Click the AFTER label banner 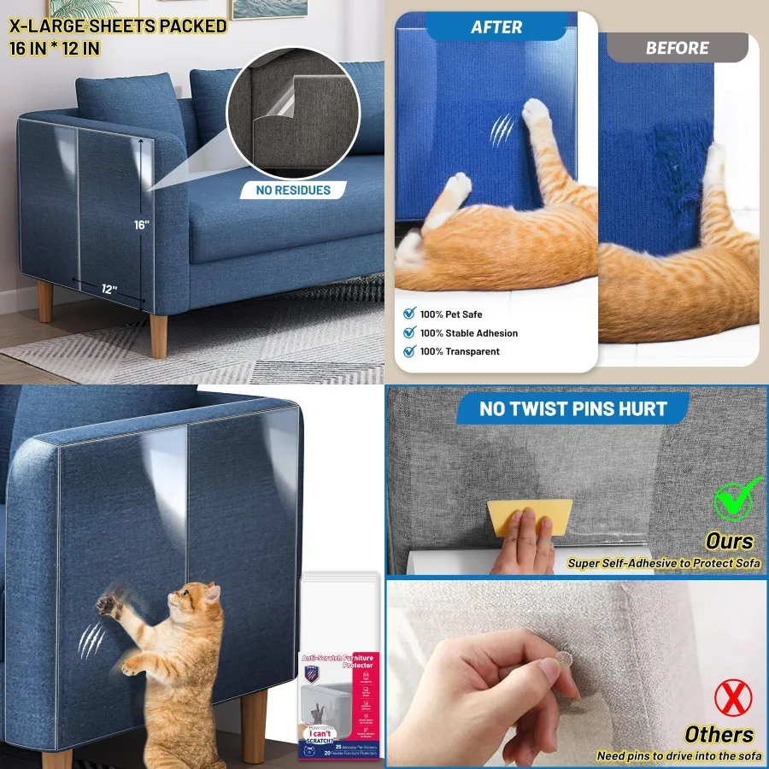coord(496,27)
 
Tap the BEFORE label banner coord(677,48)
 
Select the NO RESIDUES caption coord(292,190)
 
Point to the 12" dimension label coord(109,290)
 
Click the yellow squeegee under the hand coord(530,518)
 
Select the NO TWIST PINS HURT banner coord(572,408)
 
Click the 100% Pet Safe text coord(451,314)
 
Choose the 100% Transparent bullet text coord(460,351)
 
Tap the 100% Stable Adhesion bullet coord(468,333)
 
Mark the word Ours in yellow coord(729,541)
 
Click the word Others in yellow coord(719,734)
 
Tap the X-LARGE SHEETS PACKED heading coord(118,26)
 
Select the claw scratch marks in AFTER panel coord(502,129)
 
